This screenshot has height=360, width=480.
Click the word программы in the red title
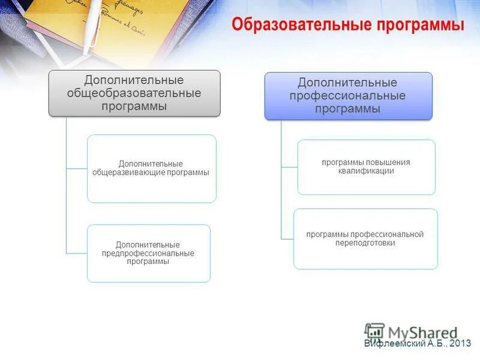point(421,25)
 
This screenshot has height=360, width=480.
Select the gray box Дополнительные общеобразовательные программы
point(134,93)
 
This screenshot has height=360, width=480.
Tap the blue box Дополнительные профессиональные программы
point(348,96)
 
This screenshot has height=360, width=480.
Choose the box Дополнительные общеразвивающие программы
point(151,169)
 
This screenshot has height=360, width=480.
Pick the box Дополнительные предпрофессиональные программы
point(148,253)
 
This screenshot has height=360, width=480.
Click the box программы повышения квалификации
point(366,167)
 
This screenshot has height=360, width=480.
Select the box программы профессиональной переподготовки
point(365,239)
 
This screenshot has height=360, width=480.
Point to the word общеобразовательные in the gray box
point(134,94)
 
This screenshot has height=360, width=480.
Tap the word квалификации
point(366,171)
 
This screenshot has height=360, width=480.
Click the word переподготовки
point(365,243)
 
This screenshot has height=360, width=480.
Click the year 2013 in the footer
point(460,343)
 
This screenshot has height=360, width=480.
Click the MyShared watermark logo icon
point(374,332)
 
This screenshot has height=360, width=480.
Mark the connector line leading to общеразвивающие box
point(77,169)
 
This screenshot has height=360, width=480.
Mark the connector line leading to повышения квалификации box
point(289,167)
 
